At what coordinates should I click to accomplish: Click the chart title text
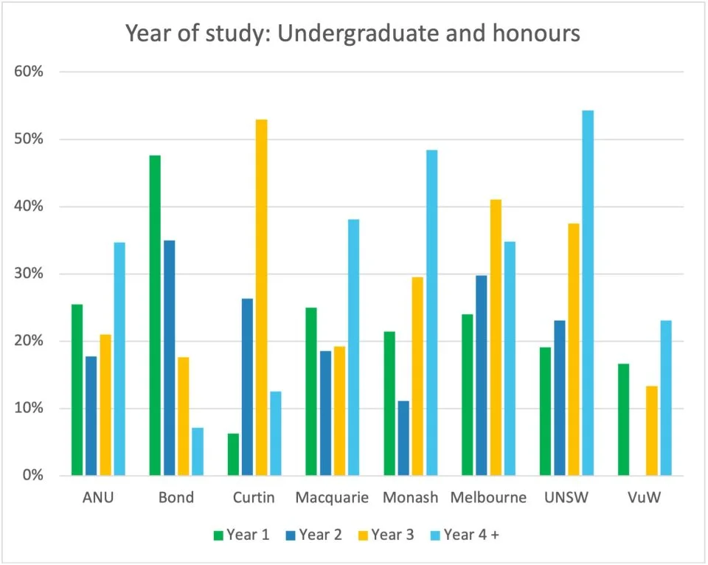[353, 34]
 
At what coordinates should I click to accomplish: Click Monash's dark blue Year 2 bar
[403, 438]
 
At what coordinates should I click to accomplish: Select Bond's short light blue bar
[198, 451]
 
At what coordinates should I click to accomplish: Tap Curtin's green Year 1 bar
[233, 454]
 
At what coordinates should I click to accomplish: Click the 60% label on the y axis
[30, 72]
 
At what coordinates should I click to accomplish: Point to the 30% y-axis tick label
[30, 274]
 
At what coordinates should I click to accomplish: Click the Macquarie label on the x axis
[332, 498]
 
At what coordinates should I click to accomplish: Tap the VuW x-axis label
[640, 498]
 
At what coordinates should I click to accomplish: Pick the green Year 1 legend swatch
[218, 535]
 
